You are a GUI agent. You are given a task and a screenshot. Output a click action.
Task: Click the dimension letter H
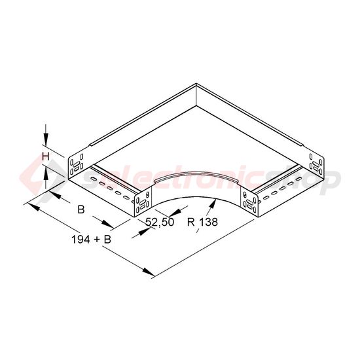click(45, 156)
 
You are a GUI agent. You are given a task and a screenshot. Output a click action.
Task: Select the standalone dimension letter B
click(81, 209)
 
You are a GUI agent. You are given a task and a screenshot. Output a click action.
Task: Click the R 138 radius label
click(202, 223)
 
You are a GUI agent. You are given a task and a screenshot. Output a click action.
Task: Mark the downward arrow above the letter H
click(45, 138)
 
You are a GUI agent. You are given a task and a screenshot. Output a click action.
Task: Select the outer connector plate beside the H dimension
click(76, 164)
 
